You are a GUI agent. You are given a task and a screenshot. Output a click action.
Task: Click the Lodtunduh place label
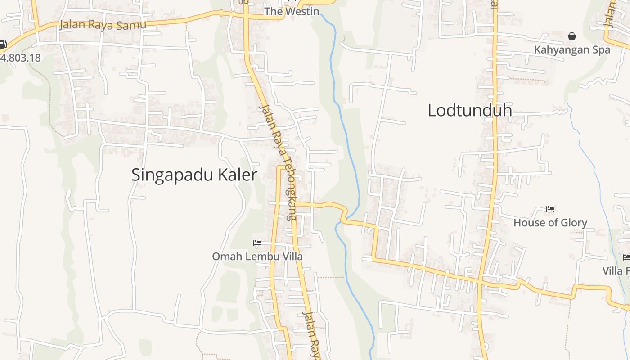click(469, 110)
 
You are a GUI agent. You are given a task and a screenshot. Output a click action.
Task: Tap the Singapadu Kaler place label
click(194, 175)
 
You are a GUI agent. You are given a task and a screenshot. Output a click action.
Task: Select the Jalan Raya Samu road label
click(103, 25)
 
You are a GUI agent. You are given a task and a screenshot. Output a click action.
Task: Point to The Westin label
click(292, 11)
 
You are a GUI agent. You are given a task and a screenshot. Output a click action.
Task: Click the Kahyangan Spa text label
click(572, 49)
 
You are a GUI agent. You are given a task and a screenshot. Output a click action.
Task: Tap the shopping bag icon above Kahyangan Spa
click(572, 36)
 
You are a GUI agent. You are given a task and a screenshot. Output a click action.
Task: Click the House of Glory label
click(550, 222)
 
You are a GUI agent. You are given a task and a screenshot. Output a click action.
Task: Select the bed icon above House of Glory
click(550, 209)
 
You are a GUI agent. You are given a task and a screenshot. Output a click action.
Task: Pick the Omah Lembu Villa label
click(257, 256)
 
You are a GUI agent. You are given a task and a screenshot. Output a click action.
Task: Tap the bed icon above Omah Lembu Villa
click(257, 243)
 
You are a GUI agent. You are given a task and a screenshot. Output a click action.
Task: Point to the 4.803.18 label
click(20, 58)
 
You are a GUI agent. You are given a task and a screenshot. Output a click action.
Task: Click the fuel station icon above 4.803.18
click(3, 45)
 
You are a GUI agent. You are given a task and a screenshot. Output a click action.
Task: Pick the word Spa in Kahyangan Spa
click(602, 49)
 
